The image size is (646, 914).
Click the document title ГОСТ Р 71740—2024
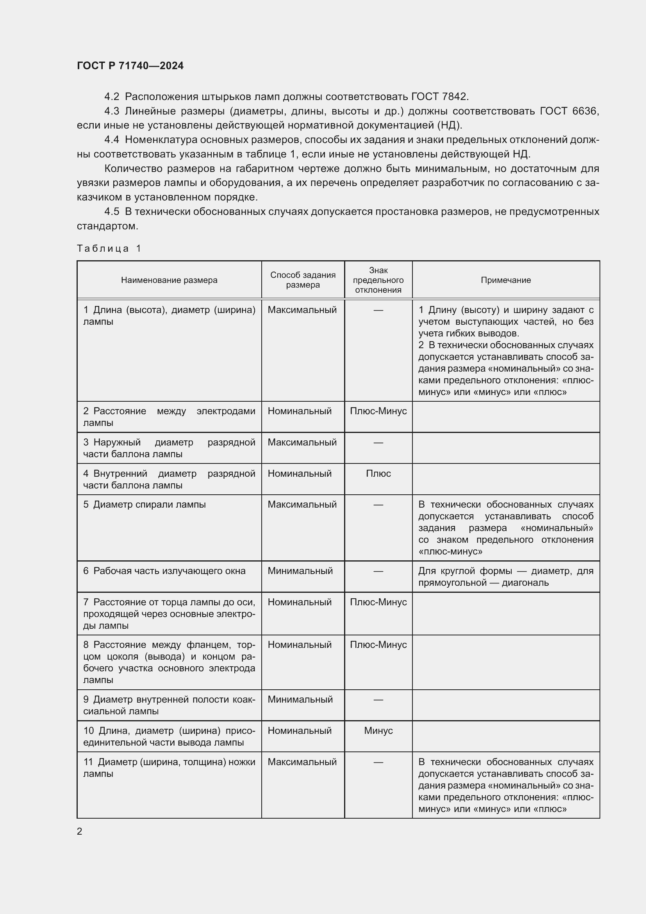coord(130,66)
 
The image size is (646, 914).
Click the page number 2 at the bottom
coord(80,831)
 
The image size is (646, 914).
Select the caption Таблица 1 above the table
coord(109,249)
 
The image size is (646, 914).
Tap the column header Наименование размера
coord(169,280)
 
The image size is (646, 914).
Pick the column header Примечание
coord(505,280)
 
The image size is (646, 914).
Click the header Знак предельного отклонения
coord(378,280)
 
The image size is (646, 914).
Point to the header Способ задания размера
coord(303,280)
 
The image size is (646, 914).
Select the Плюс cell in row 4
coord(378,473)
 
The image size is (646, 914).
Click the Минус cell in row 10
coord(378,730)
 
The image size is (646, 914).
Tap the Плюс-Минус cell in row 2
coord(378,411)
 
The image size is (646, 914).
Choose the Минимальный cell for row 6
coord(300,571)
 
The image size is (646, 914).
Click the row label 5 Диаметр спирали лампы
coord(145,504)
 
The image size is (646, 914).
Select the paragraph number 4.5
coord(112,211)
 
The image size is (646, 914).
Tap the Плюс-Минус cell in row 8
coord(378,644)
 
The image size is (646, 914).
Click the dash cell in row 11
coord(378,762)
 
